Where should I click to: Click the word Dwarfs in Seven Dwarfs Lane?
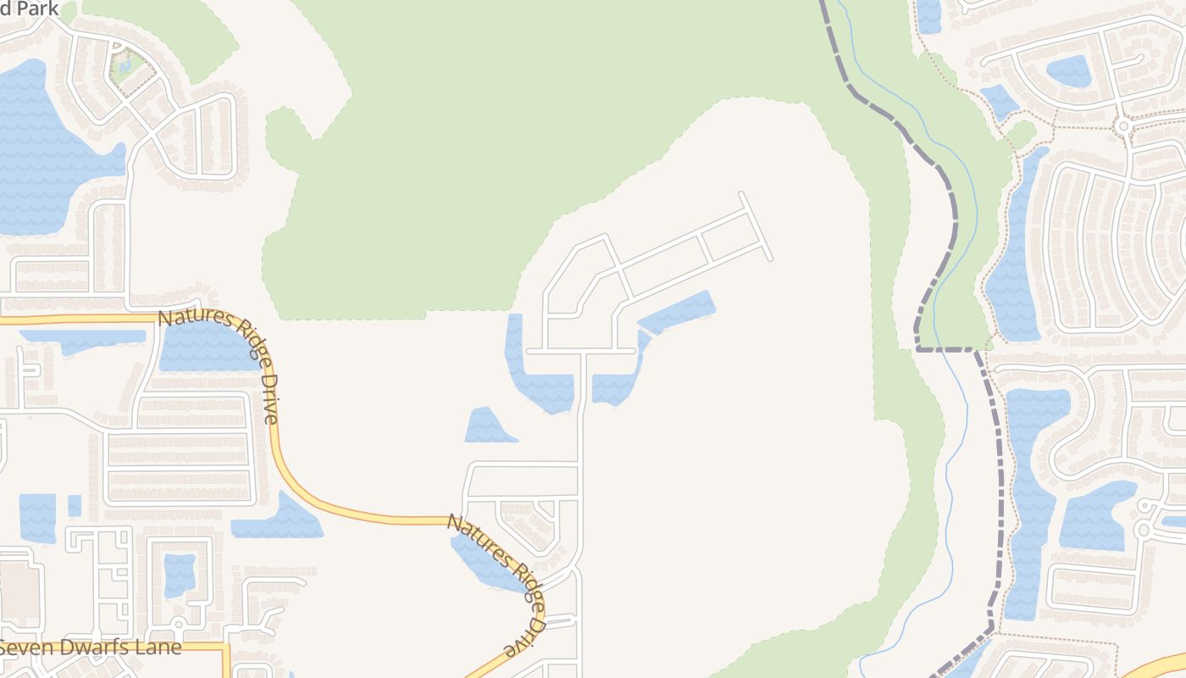(x=92, y=647)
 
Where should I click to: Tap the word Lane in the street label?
(x=158, y=647)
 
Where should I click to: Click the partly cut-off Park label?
(x=30, y=8)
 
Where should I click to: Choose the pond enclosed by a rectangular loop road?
(x=179, y=575)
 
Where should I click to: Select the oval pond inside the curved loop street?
(x=1069, y=71)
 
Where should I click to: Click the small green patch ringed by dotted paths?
(x=1022, y=134)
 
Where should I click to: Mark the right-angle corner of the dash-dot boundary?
(x=917, y=347)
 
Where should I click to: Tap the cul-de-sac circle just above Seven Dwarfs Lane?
(x=179, y=625)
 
